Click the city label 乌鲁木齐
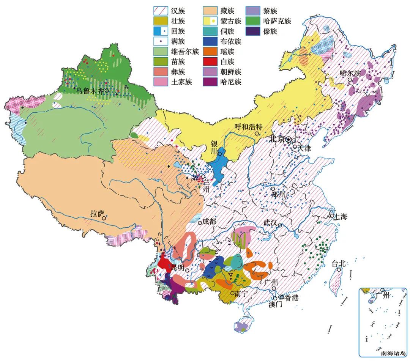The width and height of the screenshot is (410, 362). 90,90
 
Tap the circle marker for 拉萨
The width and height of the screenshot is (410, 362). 103,218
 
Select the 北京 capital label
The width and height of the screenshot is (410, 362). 277,139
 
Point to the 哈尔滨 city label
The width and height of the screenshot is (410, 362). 350,73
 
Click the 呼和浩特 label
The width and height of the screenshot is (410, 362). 248,126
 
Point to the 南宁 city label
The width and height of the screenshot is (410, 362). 241,293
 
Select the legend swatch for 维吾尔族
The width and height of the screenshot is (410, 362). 161,52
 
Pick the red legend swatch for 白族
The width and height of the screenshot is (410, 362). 209,61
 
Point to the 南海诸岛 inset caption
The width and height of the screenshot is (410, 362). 393,353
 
